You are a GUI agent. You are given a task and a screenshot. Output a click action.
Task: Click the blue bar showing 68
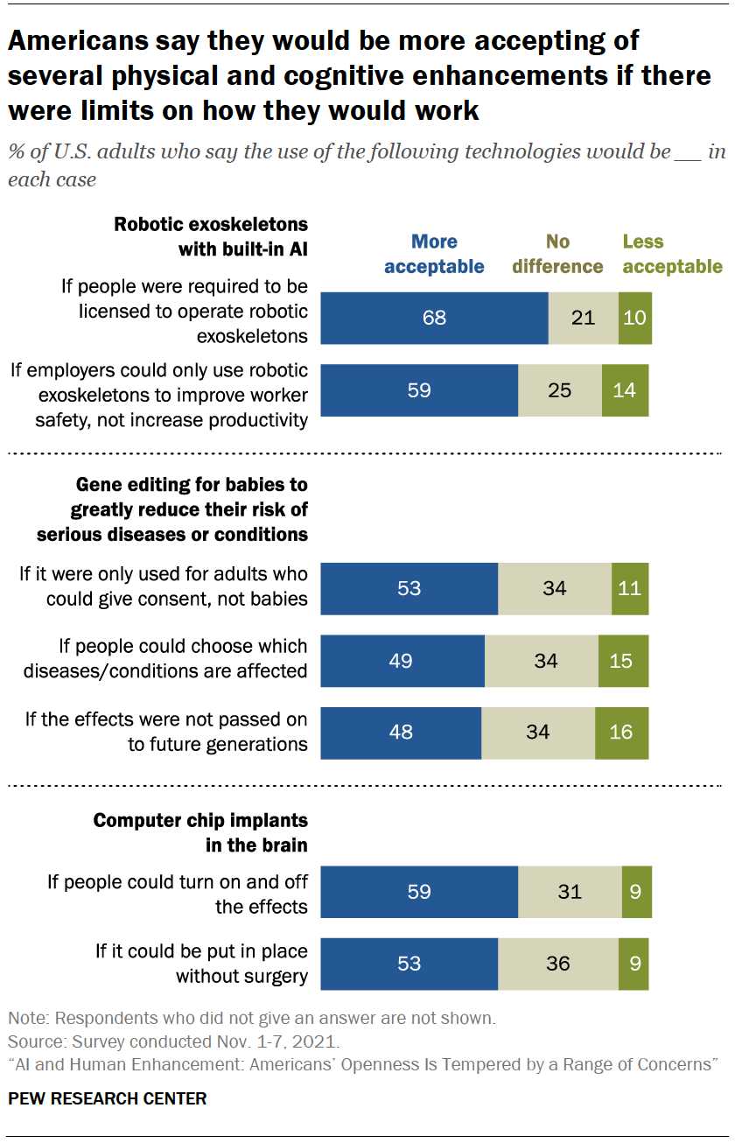coord(434,318)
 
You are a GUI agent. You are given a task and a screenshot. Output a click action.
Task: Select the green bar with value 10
coord(634,318)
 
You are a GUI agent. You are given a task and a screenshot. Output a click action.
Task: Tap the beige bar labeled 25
coord(559,389)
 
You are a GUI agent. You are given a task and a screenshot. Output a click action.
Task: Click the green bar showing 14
coord(625,389)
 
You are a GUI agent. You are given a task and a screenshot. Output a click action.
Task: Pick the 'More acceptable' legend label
coord(434,254)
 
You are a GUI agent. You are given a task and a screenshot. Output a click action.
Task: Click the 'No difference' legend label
coord(557,254)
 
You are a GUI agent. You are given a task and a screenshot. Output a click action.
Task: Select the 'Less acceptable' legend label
coord(672,254)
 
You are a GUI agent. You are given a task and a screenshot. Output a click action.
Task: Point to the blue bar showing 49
coord(402,660)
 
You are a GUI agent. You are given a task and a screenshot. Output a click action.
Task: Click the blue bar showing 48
coord(400,732)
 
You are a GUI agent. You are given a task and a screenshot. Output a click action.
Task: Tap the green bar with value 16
coord(621,732)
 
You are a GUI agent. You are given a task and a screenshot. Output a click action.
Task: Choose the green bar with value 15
coord(623,660)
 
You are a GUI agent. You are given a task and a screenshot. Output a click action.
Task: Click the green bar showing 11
coord(630,588)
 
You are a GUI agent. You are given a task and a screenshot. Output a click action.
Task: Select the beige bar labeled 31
coord(570,892)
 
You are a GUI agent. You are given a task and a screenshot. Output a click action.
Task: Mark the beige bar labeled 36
coord(557,964)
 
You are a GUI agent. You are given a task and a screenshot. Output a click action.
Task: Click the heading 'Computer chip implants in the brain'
coord(200,833)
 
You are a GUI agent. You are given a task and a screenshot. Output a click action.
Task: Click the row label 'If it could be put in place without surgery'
coord(201,964)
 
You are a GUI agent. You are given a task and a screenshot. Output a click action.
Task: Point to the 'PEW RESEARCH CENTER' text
coord(108,1098)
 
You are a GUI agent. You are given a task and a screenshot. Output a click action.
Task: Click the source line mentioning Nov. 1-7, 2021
coord(173,1042)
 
